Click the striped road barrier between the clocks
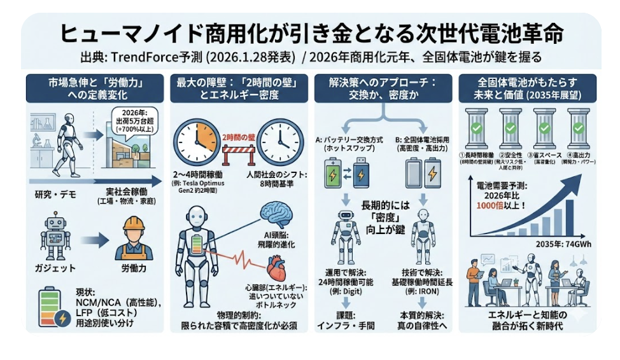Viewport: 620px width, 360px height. (x=240, y=155)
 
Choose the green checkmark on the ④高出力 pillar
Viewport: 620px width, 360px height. (x=577, y=127)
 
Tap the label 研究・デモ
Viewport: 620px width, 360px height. (x=52, y=193)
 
